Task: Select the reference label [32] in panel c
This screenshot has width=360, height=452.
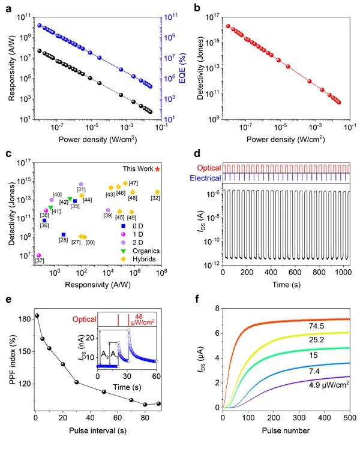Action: [156, 198]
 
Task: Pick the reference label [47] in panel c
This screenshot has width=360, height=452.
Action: [133, 183]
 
